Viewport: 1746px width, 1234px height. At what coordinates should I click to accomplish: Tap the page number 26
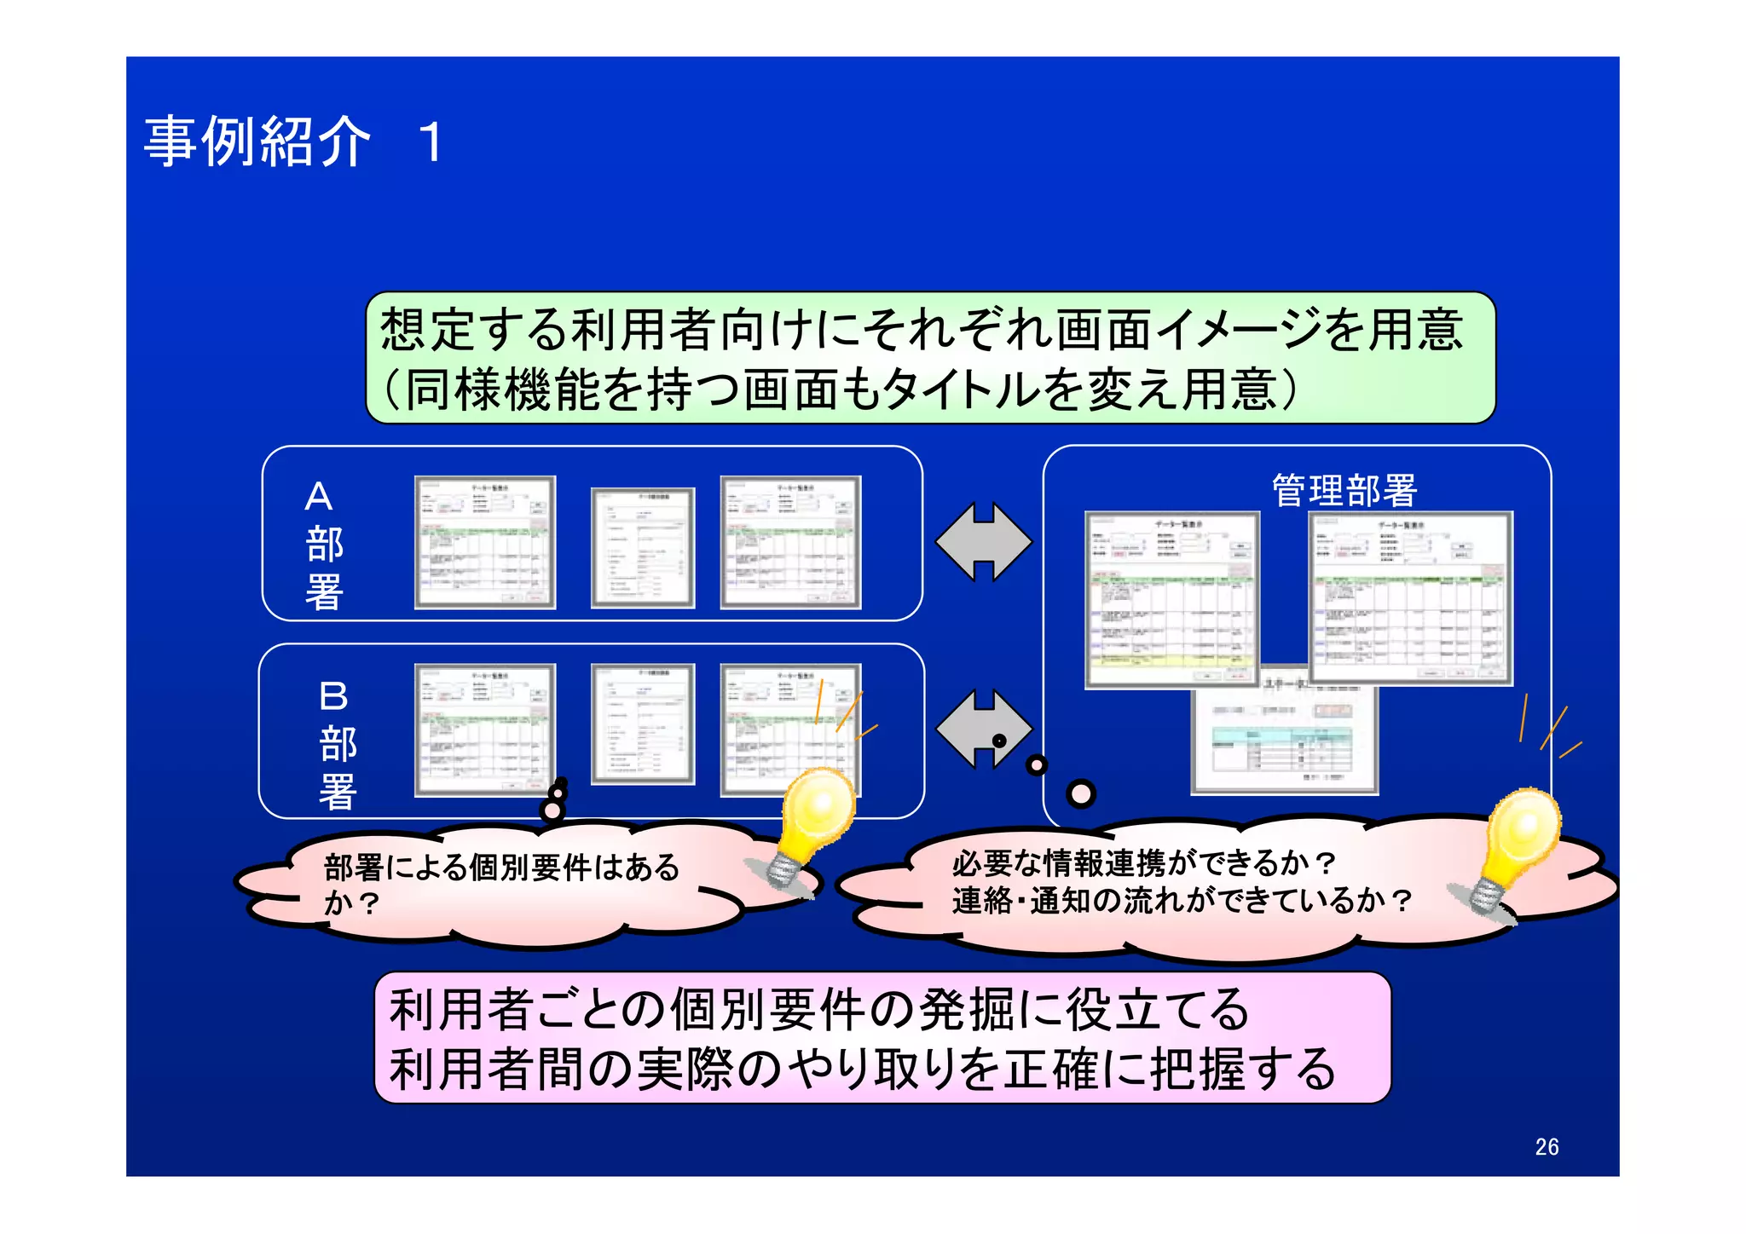pos(1547,1147)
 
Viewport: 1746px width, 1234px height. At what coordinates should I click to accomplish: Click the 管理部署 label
pos(1344,491)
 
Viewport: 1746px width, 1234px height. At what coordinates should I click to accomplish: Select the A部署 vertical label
pos(323,545)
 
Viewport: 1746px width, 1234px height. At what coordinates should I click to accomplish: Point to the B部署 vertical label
pos(337,744)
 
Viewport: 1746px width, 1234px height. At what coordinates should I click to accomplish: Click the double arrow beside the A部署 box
pos(983,542)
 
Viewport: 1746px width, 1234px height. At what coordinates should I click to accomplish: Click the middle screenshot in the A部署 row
pos(643,548)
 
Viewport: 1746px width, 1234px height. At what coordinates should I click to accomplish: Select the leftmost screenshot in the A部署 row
pos(485,543)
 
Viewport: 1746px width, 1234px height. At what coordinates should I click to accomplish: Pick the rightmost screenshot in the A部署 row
pos(790,543)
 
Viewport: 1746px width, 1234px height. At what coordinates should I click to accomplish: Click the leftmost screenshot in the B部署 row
pos(485,730)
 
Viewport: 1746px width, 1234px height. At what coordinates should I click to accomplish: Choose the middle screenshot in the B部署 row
pos(643,724)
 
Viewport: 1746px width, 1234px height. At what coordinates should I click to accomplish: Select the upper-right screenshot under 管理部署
pos(1410,598)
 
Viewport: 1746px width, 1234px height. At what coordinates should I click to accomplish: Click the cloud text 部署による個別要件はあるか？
pos(501,884)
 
